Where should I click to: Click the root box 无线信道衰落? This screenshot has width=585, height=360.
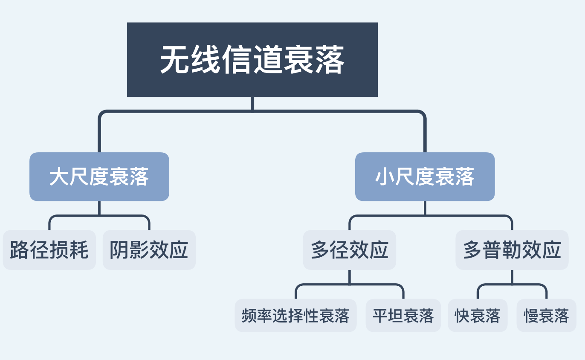tap(252, 59)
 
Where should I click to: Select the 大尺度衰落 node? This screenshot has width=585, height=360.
tap(99, 177)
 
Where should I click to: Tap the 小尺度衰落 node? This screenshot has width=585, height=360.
tap(425, 177)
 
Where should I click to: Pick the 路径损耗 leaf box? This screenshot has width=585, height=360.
tap(49, 250)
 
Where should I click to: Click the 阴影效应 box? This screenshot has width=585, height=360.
tap(149, 250)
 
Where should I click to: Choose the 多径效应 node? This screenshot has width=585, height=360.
tap(350, 250)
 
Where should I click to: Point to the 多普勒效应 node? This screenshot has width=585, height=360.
tap(512, 250)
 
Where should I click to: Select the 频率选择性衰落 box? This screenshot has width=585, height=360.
tap(295, 316)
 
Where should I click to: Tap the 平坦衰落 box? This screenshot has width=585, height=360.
tap(403, 316)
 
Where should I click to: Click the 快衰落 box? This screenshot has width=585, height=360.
tap(478, 316)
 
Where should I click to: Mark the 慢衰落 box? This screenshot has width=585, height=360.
tap(546, 316)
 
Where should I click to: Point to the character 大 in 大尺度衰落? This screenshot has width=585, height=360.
tap(59, 177)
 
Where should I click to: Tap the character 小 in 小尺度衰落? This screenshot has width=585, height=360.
tap(385, 177)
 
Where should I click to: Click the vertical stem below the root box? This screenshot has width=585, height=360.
tap(252, 104)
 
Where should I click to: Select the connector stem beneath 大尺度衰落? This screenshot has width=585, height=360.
tap(99, 208)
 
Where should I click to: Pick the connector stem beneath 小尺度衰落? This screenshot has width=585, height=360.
tap(425, 208)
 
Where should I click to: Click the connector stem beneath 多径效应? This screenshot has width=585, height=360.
tap(350, 277)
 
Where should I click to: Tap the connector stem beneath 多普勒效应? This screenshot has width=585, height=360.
tap(512, 277)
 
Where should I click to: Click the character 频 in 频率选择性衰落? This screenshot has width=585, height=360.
tap(249, 316)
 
